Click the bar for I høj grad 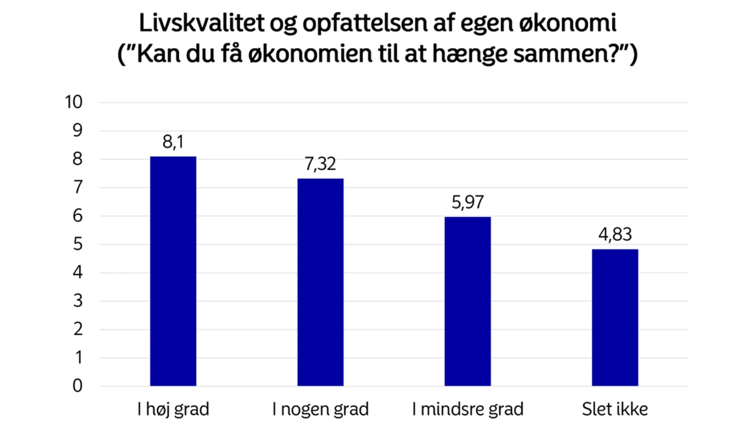(173, 271)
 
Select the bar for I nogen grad (321, 282)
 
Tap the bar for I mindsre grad (468, 301)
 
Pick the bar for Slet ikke (614, 317)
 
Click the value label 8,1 (173, 142)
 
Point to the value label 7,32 (321, 165)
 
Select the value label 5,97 (468, 203)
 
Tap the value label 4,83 (614, 235)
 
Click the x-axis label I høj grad (173, 409)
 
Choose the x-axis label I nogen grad (321, 409)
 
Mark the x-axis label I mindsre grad (468, 409)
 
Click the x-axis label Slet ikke (614, 409)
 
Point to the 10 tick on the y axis (75, 103)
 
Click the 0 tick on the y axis (78, 386)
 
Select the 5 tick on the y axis (78, 245)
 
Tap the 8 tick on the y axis (78, 159)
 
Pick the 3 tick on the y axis (78, 301)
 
